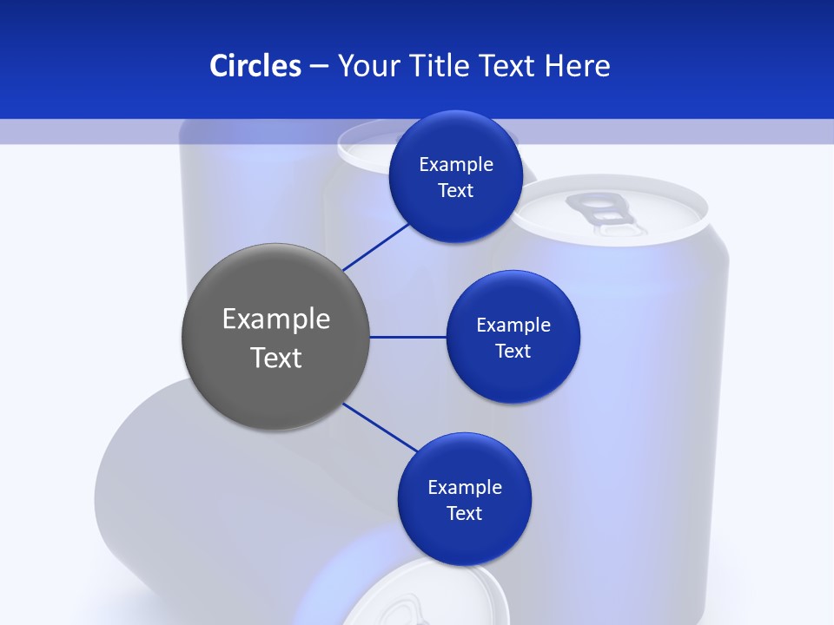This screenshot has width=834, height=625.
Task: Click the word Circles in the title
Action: [x=255, y=66]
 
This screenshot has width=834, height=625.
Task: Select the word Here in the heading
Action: [x=578, y=66]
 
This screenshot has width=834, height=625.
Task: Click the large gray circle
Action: [x=275, y=337]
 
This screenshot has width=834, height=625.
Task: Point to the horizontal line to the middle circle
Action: [x=408, y=337]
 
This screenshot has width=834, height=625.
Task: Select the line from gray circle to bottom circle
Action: [x=381, y=427]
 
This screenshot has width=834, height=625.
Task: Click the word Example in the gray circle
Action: [x=276, y=319]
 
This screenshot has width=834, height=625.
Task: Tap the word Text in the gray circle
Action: [x=276, y=358]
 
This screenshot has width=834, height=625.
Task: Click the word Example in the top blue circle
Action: [x=455, y=165]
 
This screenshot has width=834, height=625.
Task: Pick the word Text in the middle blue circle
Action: [x=513, y=352]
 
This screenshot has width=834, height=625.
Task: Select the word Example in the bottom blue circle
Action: [x=464, y=487]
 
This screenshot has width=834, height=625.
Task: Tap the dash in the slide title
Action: [x=319, y=66]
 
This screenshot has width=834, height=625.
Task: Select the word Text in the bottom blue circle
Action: [x=464, y=514]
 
